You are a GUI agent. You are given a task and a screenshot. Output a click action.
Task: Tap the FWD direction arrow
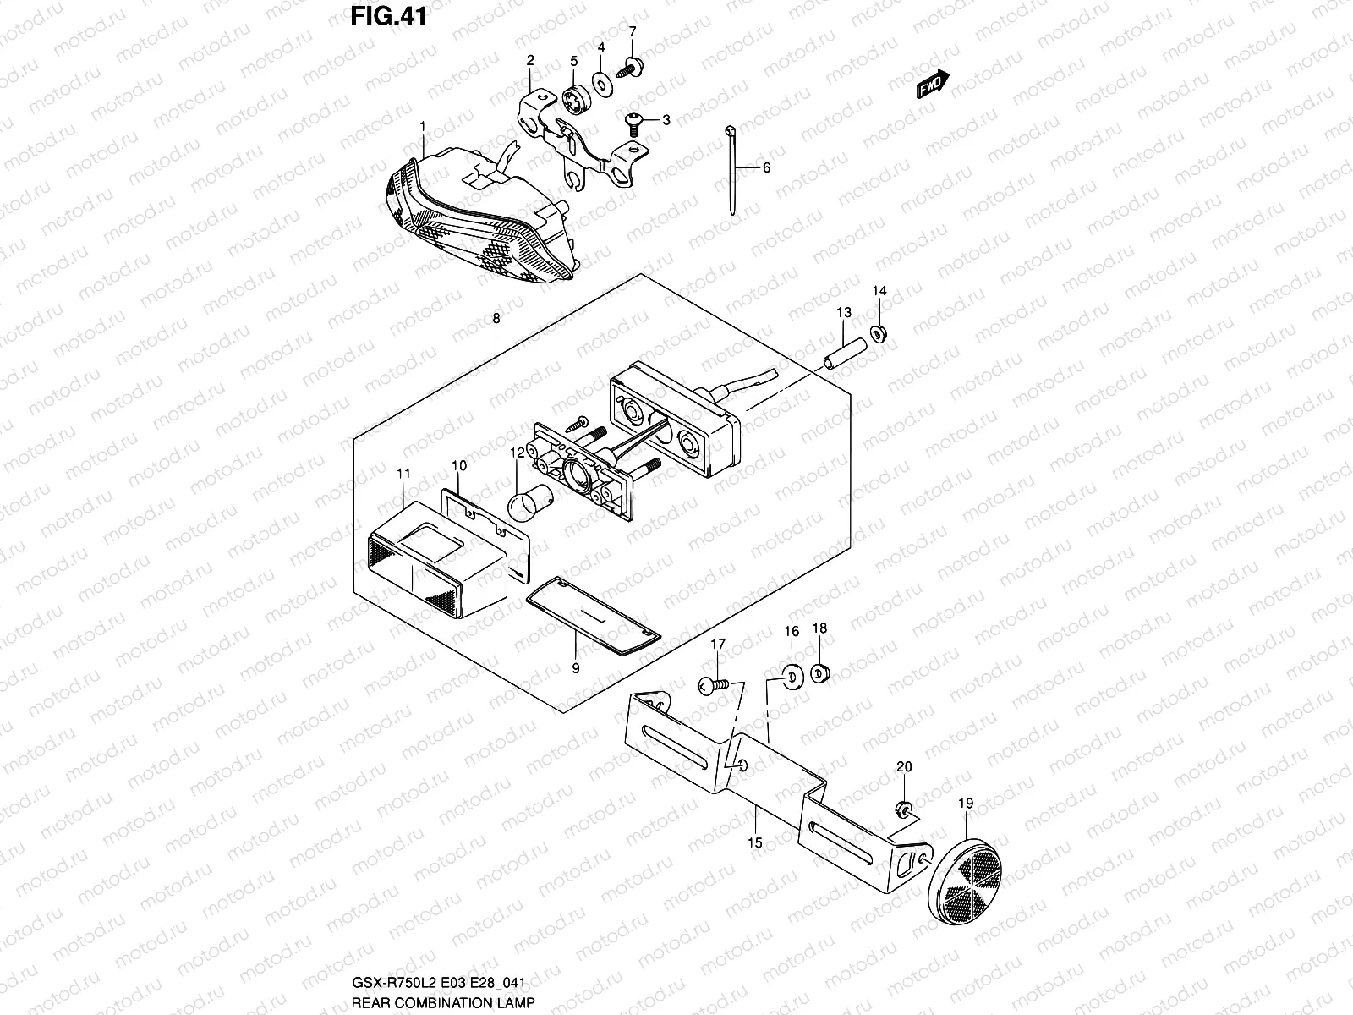pos(933,85)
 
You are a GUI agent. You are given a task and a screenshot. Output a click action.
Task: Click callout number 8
pos(496,319)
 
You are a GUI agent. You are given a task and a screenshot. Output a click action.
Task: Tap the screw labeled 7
pos(630,67)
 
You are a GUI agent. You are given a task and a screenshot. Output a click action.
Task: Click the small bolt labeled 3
pos(633,123)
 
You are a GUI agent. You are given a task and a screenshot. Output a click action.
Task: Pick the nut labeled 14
pos(879,332)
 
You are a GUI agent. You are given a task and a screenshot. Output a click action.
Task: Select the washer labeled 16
pos(792,675)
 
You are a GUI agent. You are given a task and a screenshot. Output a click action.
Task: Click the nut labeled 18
pos(819,673)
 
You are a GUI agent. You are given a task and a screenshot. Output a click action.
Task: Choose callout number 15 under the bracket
pos(755,842)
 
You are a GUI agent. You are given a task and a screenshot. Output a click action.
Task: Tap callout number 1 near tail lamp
pos(422,126)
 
